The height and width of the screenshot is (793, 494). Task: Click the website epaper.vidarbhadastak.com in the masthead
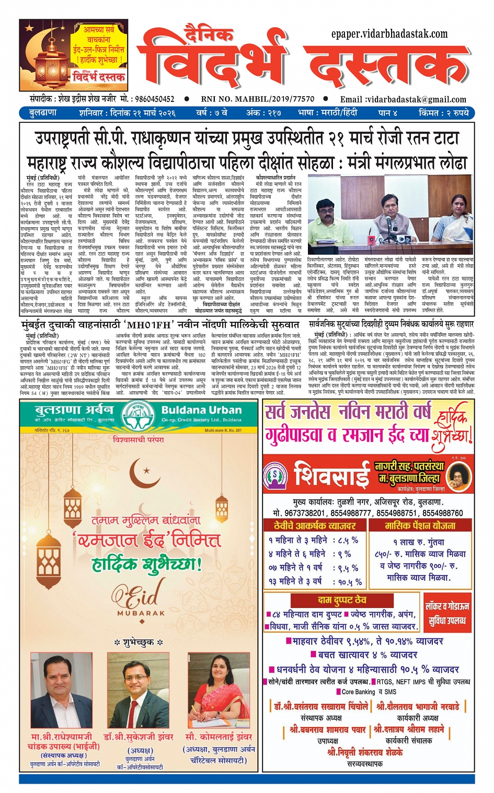pos(389,34)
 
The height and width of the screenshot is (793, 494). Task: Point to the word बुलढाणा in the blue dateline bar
pos(43,113)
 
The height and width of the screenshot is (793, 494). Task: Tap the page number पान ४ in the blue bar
pos(387,113)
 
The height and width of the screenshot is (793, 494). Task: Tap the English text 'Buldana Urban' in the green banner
pos(201,410)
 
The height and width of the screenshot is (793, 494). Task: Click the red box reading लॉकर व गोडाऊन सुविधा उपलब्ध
pos(447,613)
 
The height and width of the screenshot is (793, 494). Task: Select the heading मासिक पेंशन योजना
pos(420,526)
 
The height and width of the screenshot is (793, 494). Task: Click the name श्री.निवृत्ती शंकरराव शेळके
pos(365,752)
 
